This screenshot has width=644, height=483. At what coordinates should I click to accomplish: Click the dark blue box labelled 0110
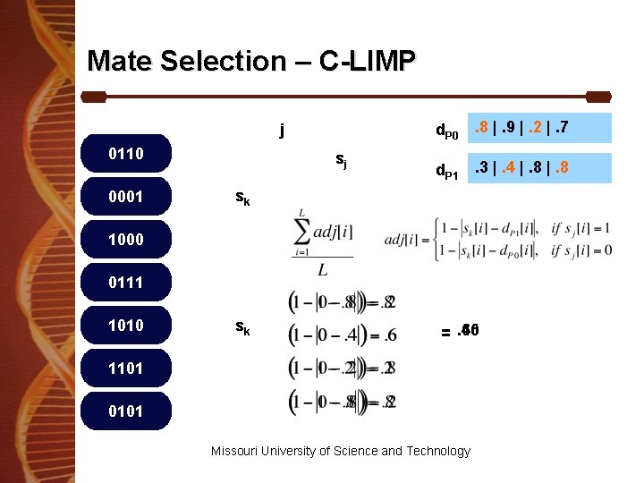click(125, 154)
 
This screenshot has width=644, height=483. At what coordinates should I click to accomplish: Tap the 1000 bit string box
click(125, 240)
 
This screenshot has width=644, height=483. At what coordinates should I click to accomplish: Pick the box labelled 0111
click(125, 283)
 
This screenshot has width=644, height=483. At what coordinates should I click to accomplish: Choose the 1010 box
click(125, 326)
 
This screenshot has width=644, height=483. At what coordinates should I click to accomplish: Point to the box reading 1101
click(125, 368)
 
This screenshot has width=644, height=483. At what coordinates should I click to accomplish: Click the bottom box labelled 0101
click(125, 411)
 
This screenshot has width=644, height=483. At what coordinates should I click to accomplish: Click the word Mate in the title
click(120, 61)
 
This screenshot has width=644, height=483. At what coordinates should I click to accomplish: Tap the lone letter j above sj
click(282, 131)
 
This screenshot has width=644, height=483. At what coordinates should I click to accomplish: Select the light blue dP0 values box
click(540, 128)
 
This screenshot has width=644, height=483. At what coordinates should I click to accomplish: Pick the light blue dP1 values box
click(540, 167)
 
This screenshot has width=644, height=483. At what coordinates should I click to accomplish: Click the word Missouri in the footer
click(235, 451)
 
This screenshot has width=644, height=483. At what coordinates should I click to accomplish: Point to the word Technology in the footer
click(437, 451)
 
